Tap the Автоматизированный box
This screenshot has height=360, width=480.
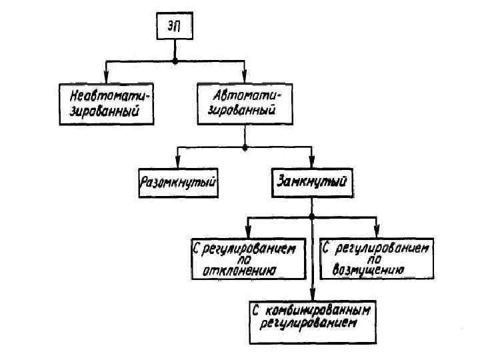click(243, 104)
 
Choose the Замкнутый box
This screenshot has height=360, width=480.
click(311, 181)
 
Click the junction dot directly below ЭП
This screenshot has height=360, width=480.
click(175, 61)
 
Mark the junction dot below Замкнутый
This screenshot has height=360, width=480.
click(311, 217)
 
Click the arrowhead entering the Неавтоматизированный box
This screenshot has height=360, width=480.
click(105, 78)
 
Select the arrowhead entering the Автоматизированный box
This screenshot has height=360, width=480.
click(245, 78)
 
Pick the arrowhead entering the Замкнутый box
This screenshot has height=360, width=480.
click(311, 164)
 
